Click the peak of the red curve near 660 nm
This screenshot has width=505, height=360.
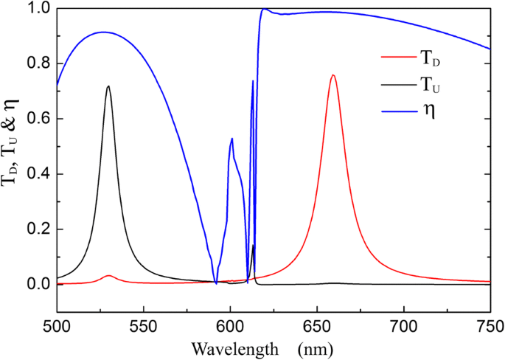333,75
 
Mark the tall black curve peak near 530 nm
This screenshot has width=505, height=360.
108,86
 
